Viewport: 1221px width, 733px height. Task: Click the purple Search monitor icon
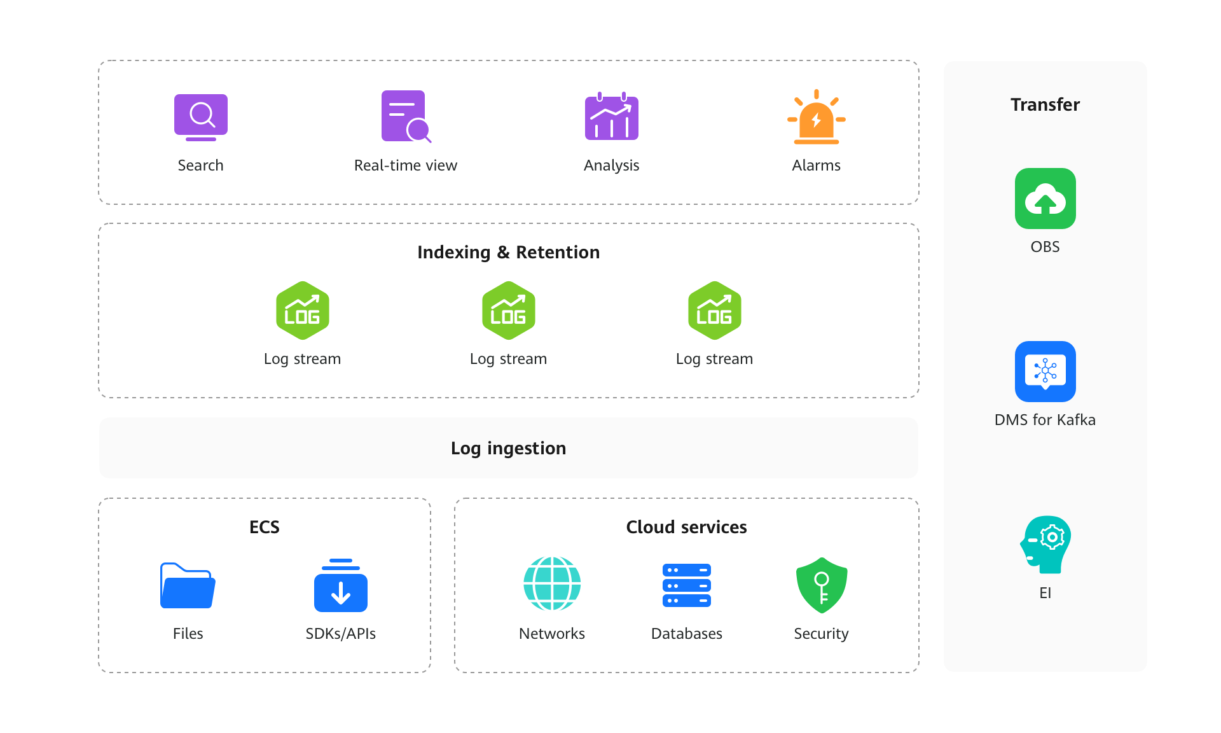click(x=201, y=117)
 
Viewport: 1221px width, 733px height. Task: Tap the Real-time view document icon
click(x=406, y=116)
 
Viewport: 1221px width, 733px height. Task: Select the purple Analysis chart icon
click(x=612, y=117)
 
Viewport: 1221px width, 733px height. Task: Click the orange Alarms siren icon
click(x=817, y=118)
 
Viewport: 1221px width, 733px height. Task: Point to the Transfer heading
click(x=1045, y=104)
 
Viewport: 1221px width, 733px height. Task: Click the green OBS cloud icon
click(x=1045, y=199)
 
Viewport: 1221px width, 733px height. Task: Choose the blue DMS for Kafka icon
click(x=1045, y=372)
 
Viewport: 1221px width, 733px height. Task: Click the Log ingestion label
click(x=508, y=448)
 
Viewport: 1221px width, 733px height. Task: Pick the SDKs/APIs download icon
click(x=341, y=586)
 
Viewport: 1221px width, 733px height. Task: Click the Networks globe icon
click(x=552, y=584)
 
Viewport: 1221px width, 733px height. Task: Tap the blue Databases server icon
click(x=687, y=585)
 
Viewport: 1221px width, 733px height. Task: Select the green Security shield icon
click(x=822, y=585)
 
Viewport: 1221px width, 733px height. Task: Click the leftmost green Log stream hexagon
click(x=303, y=311)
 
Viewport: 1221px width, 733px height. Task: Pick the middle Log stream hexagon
click(x=509, y=311)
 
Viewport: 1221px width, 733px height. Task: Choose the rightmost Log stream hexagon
click(x=715, y=311)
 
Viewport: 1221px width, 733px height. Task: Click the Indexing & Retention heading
click(x=508, y=253)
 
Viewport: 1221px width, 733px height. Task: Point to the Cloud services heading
click(x=686, y=527)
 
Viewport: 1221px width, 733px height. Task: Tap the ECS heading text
click(x=264, y=527)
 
